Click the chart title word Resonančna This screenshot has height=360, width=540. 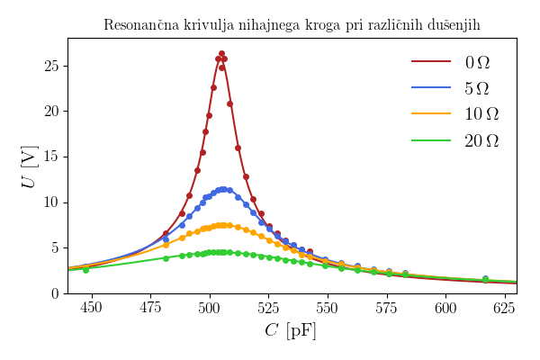[139, 25]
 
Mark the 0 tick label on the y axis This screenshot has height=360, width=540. [55, 293]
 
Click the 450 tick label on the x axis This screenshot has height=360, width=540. [92, 308]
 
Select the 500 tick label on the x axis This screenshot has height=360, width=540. [210, 308]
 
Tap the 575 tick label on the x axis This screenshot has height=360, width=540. [387, 308]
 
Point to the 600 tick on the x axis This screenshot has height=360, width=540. [445, 308]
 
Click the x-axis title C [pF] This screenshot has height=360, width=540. [291, 331]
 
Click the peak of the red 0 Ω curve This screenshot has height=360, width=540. [221, 54]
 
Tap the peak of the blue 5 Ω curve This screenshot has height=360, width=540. [222, 189]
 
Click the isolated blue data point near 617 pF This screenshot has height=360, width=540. [485, 279]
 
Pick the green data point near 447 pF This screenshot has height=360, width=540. [85, 270]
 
